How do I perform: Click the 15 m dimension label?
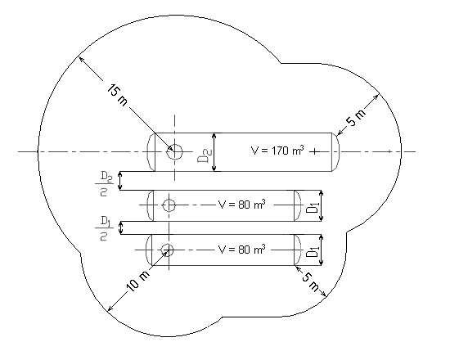117,95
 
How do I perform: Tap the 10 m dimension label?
138,281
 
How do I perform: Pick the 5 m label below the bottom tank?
310,282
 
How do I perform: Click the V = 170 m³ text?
277,151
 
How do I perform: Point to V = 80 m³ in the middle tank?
241,204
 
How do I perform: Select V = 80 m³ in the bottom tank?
241,250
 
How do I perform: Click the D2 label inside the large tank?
205,155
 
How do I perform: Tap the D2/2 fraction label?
104,184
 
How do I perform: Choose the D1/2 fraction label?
104,228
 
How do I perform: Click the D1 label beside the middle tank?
313,207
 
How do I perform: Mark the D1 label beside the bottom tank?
313,251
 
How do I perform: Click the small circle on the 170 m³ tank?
174,151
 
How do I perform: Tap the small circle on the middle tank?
169,205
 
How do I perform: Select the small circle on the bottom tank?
167,250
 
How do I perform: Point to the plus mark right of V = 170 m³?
314,151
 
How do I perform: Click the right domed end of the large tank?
335,152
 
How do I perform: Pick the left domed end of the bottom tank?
149,250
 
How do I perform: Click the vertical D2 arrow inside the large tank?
214,152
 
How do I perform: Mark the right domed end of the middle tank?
298,205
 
